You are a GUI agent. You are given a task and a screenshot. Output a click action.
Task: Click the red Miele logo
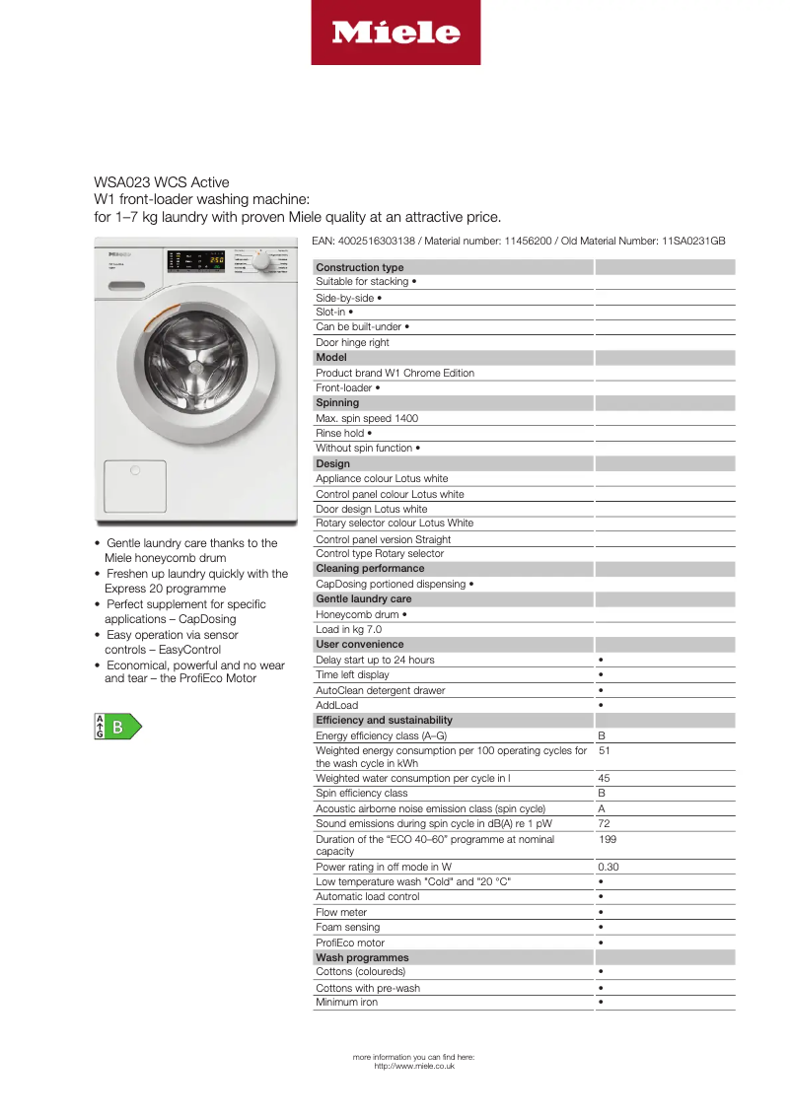(395, 33)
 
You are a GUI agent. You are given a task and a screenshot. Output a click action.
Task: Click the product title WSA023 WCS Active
(162, 182)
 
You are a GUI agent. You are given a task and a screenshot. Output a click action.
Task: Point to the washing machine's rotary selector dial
(261, 262)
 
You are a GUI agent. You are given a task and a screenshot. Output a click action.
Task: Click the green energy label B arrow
(117, 728)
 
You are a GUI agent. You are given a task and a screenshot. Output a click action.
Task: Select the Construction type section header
(359, 267)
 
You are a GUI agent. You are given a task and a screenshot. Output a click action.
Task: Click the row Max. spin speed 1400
(366, 418)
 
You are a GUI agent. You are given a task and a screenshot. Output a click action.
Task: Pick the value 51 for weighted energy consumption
(605, 751)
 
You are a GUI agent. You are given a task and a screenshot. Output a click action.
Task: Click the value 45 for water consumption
(604, 778)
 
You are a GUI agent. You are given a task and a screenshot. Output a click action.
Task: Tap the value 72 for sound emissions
(604, 823)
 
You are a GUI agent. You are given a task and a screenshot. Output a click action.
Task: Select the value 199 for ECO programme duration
(608, 839)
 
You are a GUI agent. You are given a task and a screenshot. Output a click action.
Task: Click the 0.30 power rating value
(608, 868)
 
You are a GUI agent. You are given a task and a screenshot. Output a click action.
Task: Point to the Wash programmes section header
(362, 957)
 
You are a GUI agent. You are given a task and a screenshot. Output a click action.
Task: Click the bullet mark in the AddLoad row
(601, 706)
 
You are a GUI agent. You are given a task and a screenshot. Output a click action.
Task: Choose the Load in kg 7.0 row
(348, 629)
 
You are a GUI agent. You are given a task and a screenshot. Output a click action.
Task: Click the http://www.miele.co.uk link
(414, 1066)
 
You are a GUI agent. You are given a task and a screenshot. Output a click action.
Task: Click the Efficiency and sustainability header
(384, 720)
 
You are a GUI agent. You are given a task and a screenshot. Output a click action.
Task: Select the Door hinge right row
(352, 342)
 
